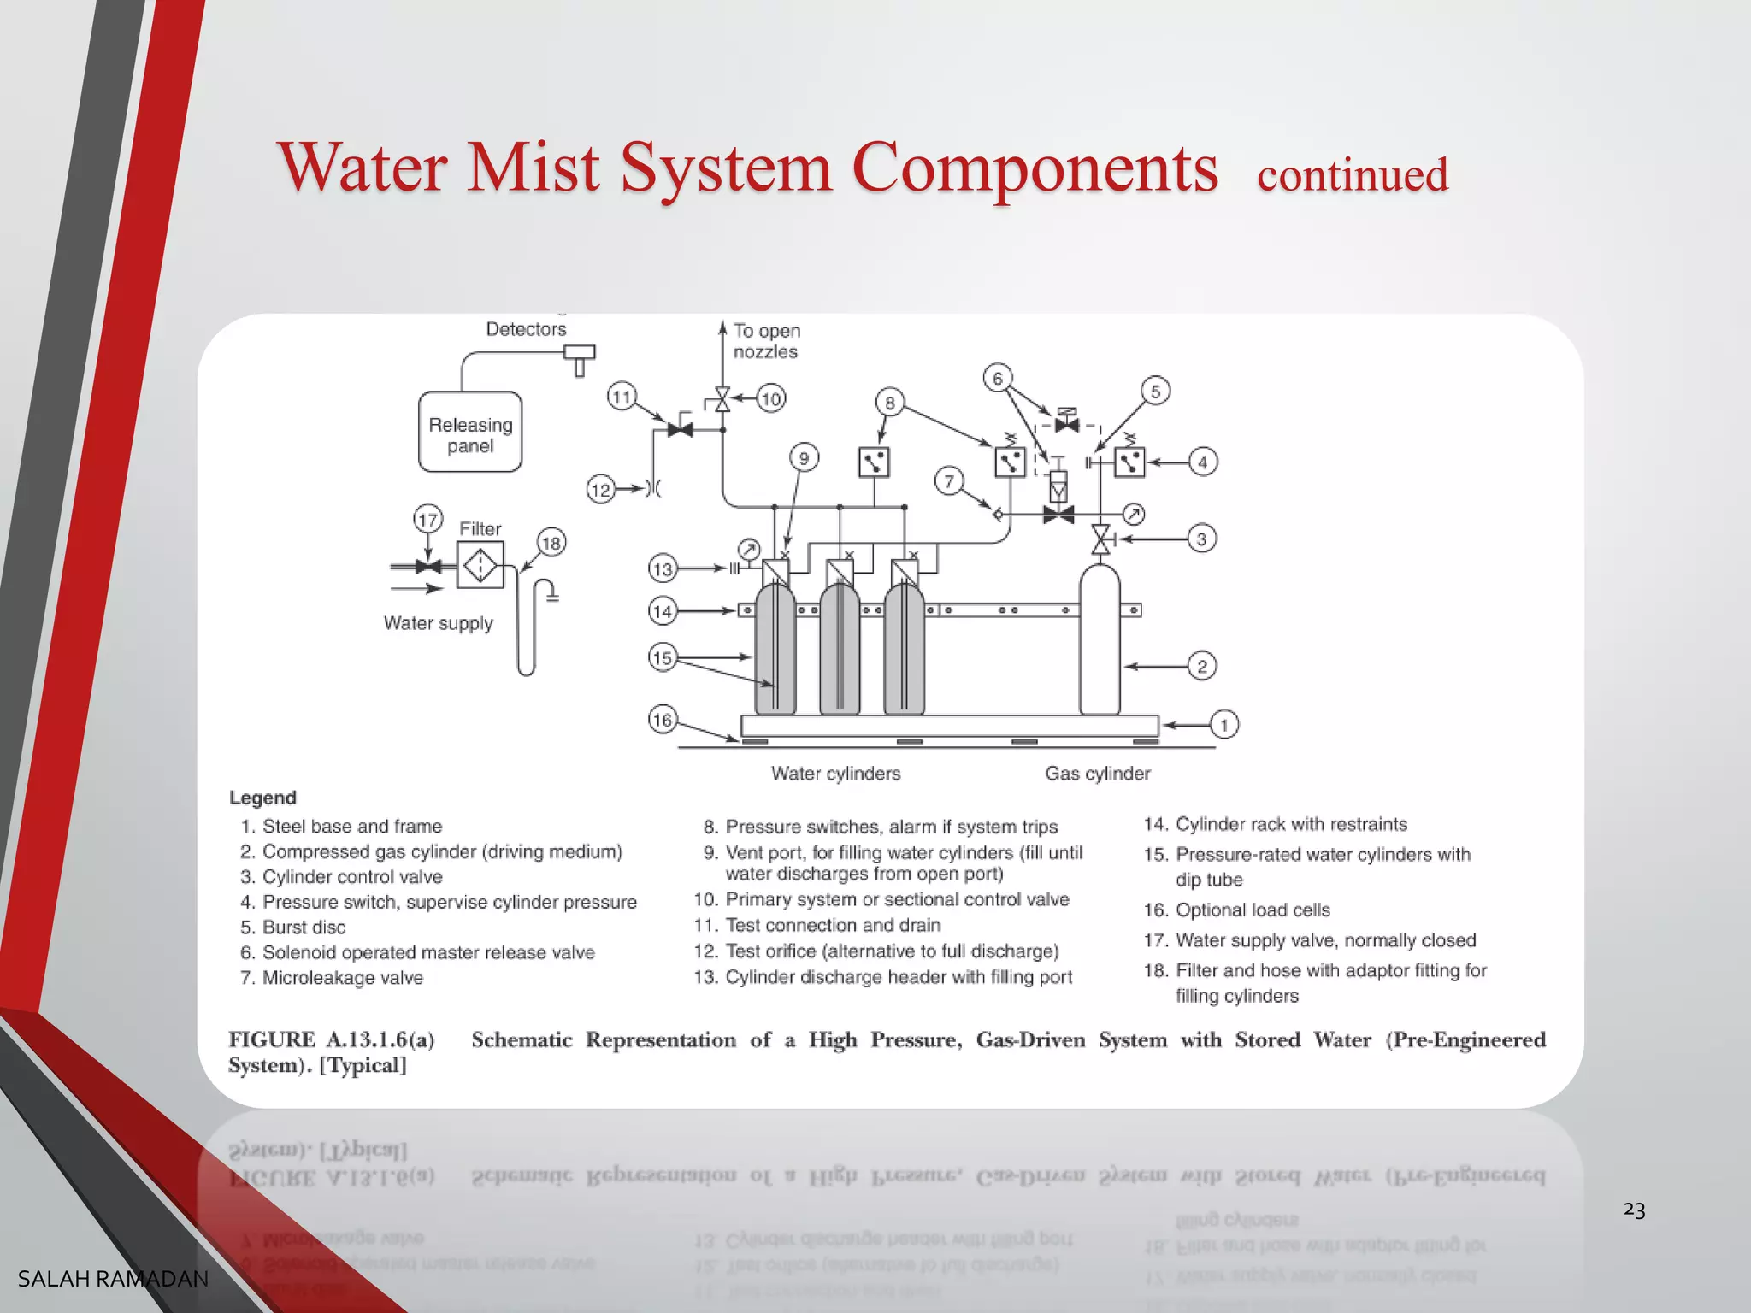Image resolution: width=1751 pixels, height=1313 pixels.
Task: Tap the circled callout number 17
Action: pos(427,519)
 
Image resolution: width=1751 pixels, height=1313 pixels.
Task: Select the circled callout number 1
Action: pos(1224,725)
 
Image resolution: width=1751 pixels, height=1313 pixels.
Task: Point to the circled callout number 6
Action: pos(997,378)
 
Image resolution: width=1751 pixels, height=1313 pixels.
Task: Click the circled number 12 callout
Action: pos(601,490)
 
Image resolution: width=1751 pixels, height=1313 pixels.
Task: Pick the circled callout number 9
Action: pos(804,458)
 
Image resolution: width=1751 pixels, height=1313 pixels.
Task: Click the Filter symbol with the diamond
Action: pos(480,565)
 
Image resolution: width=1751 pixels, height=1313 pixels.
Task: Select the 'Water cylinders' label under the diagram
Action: pos(835,774)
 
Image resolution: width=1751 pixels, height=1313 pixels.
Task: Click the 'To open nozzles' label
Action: pos(766,341)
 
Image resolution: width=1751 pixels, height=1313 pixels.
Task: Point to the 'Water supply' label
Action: pos(438,623)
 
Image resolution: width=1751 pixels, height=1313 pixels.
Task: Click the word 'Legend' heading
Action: pos(262,798)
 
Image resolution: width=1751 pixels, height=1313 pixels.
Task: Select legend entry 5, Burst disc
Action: pos(304,927)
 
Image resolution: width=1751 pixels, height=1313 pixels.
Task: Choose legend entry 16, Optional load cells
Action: pos(1253,910)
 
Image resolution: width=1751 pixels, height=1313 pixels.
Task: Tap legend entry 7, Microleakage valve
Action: pos(342,978)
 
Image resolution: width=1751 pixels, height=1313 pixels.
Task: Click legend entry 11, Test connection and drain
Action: pos(832,926)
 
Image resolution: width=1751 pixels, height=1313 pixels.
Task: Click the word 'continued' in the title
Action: pos(1353,175)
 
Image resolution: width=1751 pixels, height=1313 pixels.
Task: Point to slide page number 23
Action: pos(1634,1210)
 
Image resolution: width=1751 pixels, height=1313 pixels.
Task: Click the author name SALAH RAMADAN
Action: pos(113,1279)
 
